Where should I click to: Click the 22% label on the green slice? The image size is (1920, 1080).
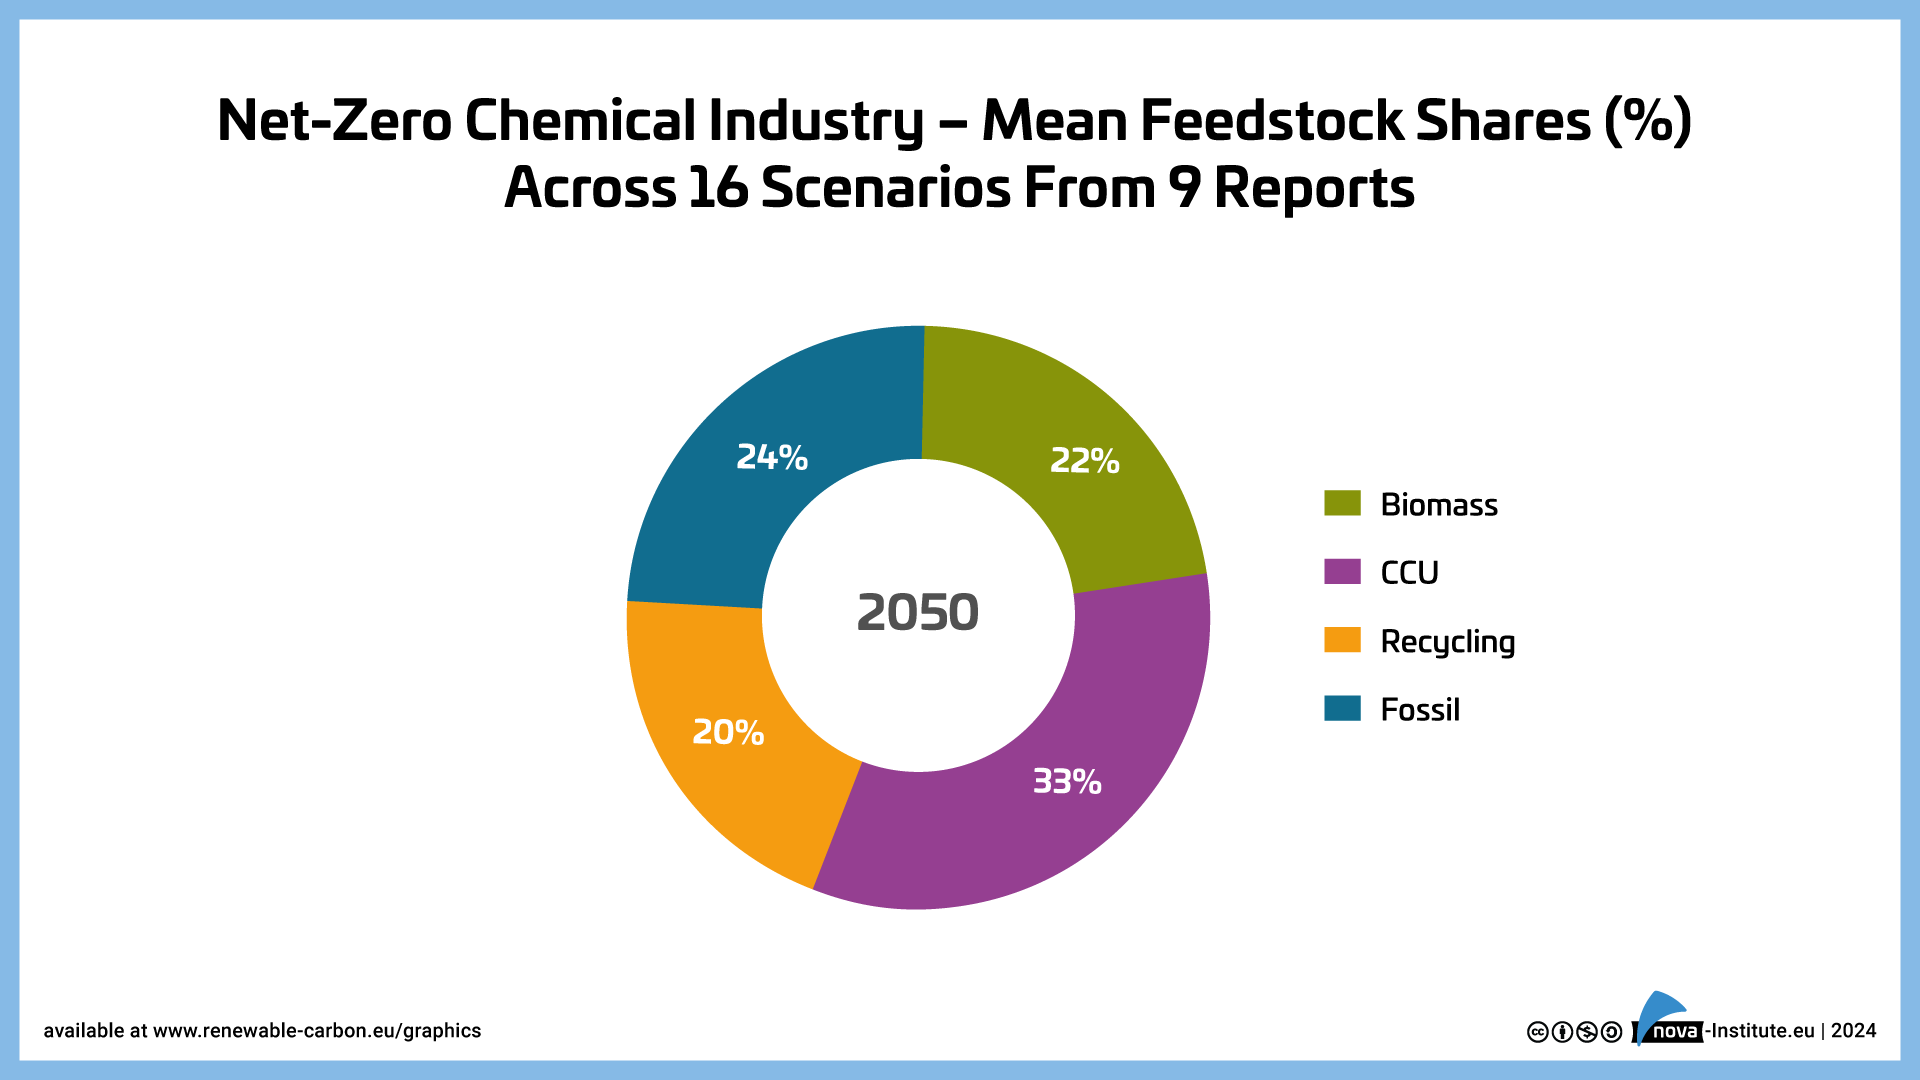click(x=1084, y=461)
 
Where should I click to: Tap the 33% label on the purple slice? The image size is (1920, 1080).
click(x=1067, y=781)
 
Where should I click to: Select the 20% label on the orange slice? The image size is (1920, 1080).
click(x=728, y=733)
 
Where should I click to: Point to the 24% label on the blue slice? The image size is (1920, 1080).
click(x=772, y=457)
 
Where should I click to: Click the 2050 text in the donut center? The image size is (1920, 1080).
click(x=917, y=612)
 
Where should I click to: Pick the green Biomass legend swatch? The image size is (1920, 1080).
click(x=1342, y=503)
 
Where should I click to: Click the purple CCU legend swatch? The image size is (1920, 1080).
click(x=1342, y=572)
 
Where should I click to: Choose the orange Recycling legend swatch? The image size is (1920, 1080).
click(x=1342, y=640)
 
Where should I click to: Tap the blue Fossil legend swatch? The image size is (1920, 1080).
click(x=1342, y=708)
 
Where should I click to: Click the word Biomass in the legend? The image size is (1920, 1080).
click(x=1438, y=505)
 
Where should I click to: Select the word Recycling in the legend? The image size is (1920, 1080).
click(x=1447, y=642)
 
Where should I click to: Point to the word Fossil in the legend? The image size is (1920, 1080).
click(x=1419, y=710)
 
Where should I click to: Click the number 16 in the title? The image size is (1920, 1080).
click(x=718, y=188)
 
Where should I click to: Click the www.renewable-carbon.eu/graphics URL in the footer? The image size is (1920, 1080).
click(x=316, y=1031)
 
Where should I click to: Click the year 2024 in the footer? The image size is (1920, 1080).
click(x=1853, y=1031)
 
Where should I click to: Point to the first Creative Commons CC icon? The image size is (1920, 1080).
click(x=1538, y=1032)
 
